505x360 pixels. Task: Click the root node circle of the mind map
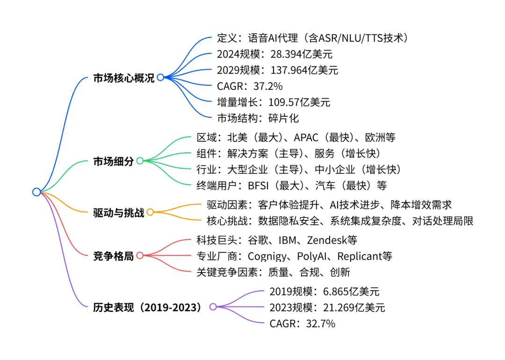click(x=36, y=192)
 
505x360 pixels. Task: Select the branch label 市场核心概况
click(x=123, y=78)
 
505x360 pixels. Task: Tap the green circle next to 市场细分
click(x=139, y=161)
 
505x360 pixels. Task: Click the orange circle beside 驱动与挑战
click(x=150, y=212)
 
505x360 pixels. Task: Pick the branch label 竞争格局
click(x=113, y=256)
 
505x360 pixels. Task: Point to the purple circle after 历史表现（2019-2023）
click(x=213, y=307)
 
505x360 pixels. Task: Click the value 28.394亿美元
click(x=302, y=54)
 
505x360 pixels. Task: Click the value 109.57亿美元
click(x=299, y=102)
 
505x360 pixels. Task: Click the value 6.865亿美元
click(x=351, y=292)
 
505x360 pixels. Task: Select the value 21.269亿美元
click(x=354, y=308)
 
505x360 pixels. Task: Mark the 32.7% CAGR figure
click(x=319, y=324)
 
